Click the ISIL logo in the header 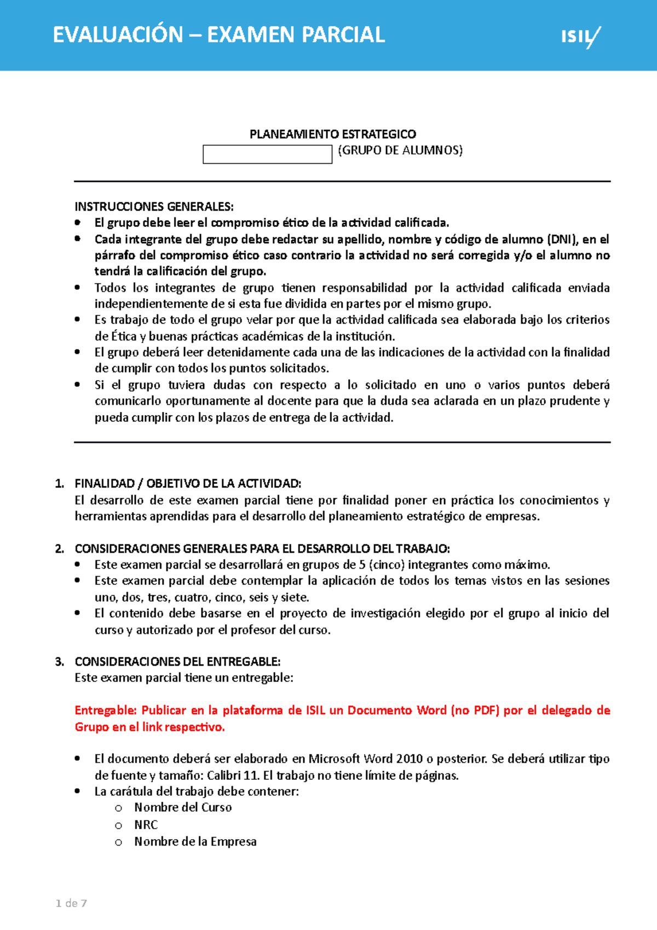(x=580, y=37)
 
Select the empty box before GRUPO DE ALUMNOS (x=267, y=154)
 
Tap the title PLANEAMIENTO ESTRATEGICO (x=333, y=134)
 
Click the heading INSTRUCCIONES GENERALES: (x=154, y=206)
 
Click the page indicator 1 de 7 (x=71, y=904)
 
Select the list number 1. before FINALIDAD (x=60, y=484)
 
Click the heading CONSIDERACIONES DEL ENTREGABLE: (x=177, y=662)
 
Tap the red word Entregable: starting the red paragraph (x=106, y=710)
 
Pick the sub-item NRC (x=146, y=825)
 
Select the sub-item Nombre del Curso (x=183, y=808)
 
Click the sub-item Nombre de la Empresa (x=195, y=842)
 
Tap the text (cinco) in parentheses (x=386, y=565)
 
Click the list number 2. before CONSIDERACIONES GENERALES (x=60, y=549)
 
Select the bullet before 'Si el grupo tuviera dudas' (x=78, y=384)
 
